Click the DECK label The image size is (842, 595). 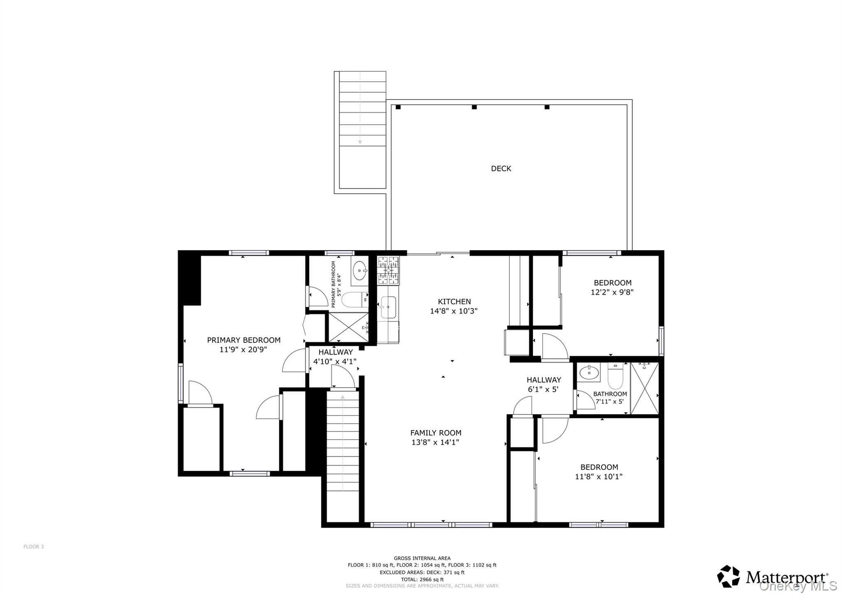[501, 168]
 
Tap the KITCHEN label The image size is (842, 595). [454, 302]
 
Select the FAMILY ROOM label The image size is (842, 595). [435, 433]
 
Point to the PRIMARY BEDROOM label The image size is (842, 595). [243, 340]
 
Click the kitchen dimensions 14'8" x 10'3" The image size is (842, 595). [453, 311]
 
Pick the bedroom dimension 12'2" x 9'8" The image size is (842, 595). [612, 292]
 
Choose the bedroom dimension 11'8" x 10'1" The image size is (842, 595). [599, 477]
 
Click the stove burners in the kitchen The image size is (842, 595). [388, 270]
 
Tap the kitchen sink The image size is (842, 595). [388, 307]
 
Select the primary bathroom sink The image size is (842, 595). [361, 270]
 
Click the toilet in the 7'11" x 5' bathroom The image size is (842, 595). [615, 376]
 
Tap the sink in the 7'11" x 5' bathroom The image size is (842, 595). [589, 373]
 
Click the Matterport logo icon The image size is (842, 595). [728, 577]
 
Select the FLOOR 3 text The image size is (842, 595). [33, 547]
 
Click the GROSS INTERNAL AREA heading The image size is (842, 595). [422, 558]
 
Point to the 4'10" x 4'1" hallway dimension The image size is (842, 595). [335, 362]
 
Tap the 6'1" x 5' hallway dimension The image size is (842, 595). [543, 389]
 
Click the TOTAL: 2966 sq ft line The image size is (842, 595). [422, 579]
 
